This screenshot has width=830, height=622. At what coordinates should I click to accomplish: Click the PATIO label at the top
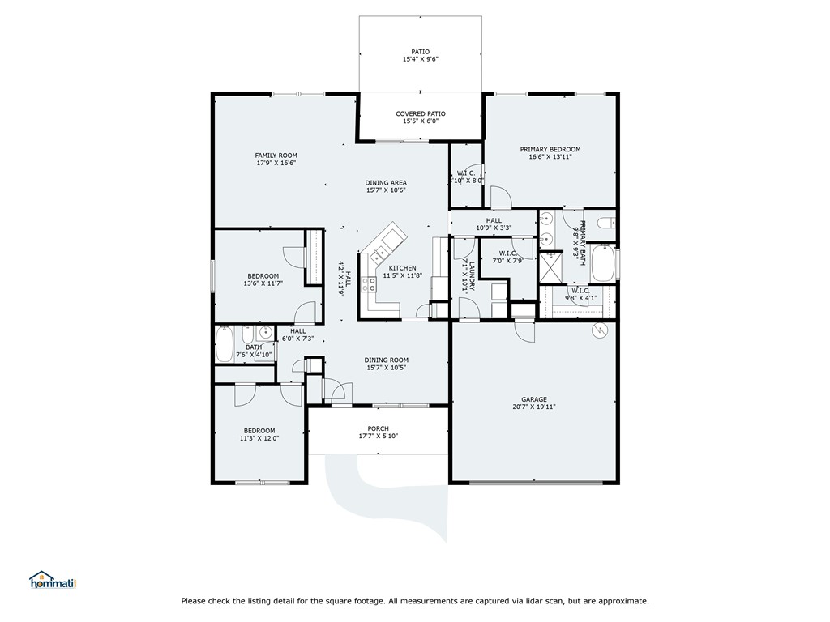(x=420, y=52)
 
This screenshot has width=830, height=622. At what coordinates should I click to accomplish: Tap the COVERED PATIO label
(x=420, y=113)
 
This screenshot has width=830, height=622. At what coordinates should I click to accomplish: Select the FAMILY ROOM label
(x=276, y=155)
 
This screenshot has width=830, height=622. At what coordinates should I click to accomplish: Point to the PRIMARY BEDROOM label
(x=550, y=150)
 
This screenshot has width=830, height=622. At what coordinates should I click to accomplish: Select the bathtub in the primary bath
(x=601, y=263)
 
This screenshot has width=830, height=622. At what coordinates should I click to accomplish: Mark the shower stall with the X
(x=551, y=266)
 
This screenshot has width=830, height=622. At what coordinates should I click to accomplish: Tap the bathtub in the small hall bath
(x=225, y=345)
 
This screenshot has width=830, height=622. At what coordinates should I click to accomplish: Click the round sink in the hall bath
(x=265, y=333)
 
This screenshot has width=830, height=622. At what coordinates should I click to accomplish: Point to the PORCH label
(x=378, y=428)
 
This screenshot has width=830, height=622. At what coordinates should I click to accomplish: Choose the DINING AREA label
(x=385, y=182)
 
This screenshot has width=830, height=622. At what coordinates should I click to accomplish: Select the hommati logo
(x=52, y=581)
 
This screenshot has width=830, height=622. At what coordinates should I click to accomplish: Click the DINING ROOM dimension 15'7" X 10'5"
(x=385, y=368)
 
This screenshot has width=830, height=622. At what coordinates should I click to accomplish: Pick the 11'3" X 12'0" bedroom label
(x=259, y=438)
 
